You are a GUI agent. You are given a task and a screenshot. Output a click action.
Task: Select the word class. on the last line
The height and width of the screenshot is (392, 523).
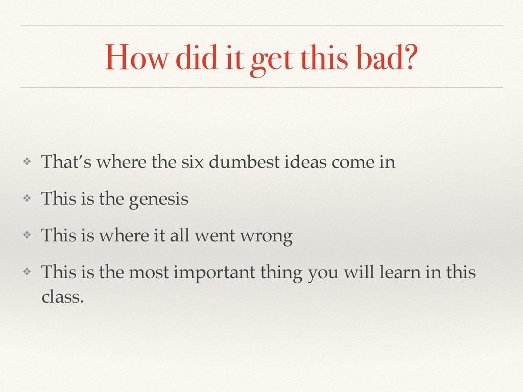(62, 297)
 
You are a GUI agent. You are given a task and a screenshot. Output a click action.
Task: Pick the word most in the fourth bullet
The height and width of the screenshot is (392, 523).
(148, 273)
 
